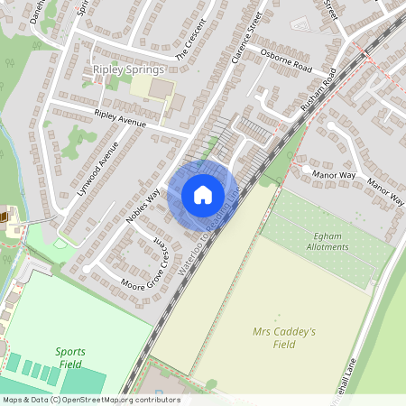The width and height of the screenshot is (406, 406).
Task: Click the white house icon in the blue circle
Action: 202,195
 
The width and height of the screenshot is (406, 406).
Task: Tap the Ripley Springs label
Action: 127,69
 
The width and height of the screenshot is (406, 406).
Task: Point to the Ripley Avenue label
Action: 119,117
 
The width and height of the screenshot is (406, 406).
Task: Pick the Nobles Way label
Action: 143,207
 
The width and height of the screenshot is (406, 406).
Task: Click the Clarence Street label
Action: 244,45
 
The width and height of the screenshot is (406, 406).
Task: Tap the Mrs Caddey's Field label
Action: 284,337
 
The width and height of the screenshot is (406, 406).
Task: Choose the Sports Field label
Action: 69,356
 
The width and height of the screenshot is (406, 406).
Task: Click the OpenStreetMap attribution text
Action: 91,400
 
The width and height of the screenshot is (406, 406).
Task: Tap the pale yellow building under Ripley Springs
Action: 152,88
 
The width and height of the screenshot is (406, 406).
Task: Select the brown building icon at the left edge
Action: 4,217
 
